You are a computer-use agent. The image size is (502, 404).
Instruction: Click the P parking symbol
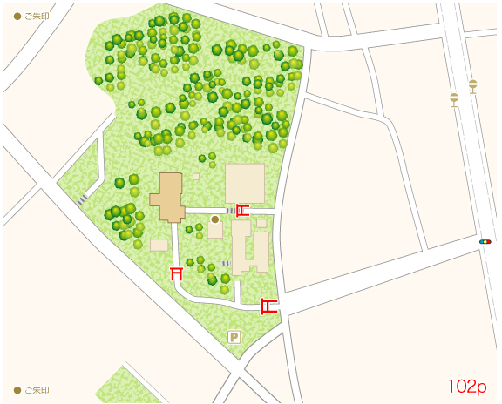(x=234, y=336)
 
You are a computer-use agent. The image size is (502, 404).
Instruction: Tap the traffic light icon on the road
(x=485, y=241)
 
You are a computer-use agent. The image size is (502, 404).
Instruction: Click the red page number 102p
(x=467, y=386)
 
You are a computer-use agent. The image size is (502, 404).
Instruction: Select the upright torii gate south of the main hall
(x=177, y=273)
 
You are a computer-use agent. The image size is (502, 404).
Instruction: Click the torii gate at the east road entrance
(x=268, y=306)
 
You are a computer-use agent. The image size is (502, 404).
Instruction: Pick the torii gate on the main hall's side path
(x=242, y=210)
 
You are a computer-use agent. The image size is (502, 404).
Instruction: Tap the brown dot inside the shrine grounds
(x=215, y=219)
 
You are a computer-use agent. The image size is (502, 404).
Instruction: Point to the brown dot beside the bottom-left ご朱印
(x=17, y=390)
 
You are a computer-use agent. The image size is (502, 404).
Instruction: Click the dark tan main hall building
(x=167, y=198)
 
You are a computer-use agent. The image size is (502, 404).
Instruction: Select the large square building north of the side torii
(x=245, y=183)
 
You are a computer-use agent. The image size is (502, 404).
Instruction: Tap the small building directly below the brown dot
(x=214, y=231)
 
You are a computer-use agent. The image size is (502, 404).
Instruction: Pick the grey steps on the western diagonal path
(x=81, y=199)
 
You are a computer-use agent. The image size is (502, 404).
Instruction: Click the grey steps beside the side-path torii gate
(x=231, y=211)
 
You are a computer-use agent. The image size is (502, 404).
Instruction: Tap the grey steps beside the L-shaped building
(x=226, y=263)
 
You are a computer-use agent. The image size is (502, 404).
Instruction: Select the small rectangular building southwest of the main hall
(x=159, y=245)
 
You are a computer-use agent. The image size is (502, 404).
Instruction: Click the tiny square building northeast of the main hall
(x=196, y=177)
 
